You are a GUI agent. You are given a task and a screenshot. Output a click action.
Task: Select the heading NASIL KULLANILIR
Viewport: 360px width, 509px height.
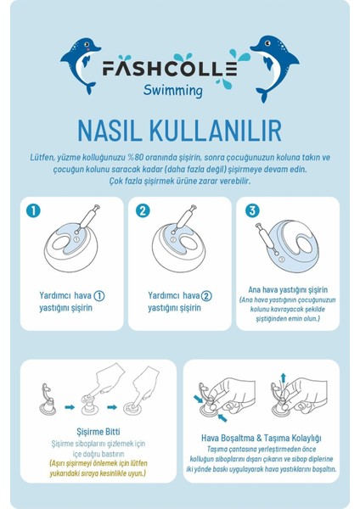pyautogui.click(x=179, y=129)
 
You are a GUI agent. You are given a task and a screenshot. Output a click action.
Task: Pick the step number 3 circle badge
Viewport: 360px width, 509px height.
pyautogui.click(x=251, y=210)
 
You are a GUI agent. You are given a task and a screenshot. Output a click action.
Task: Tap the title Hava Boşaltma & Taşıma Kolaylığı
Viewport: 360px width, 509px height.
pyautogui.click(x=265, y=429)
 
